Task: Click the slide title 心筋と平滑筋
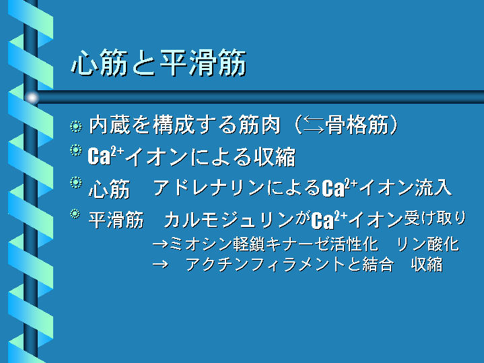[159, 63]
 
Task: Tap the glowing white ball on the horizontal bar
[32, 98]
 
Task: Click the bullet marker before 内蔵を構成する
[75, 127]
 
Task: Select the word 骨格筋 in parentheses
[357, 125]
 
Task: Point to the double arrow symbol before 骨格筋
[313, 125]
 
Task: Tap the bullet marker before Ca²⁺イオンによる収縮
[75, 150]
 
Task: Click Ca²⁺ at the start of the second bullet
[106, 156]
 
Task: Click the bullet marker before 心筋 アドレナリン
[75, 183]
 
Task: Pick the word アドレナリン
[209, 187]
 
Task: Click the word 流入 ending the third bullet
[433, 187]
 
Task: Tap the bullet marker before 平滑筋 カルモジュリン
[75, 214]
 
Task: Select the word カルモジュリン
[229, 220]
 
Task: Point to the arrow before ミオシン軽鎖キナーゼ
[160, 244]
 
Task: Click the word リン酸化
[428, 244]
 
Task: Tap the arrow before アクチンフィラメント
[160, 265]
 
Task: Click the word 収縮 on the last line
[427, 265]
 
